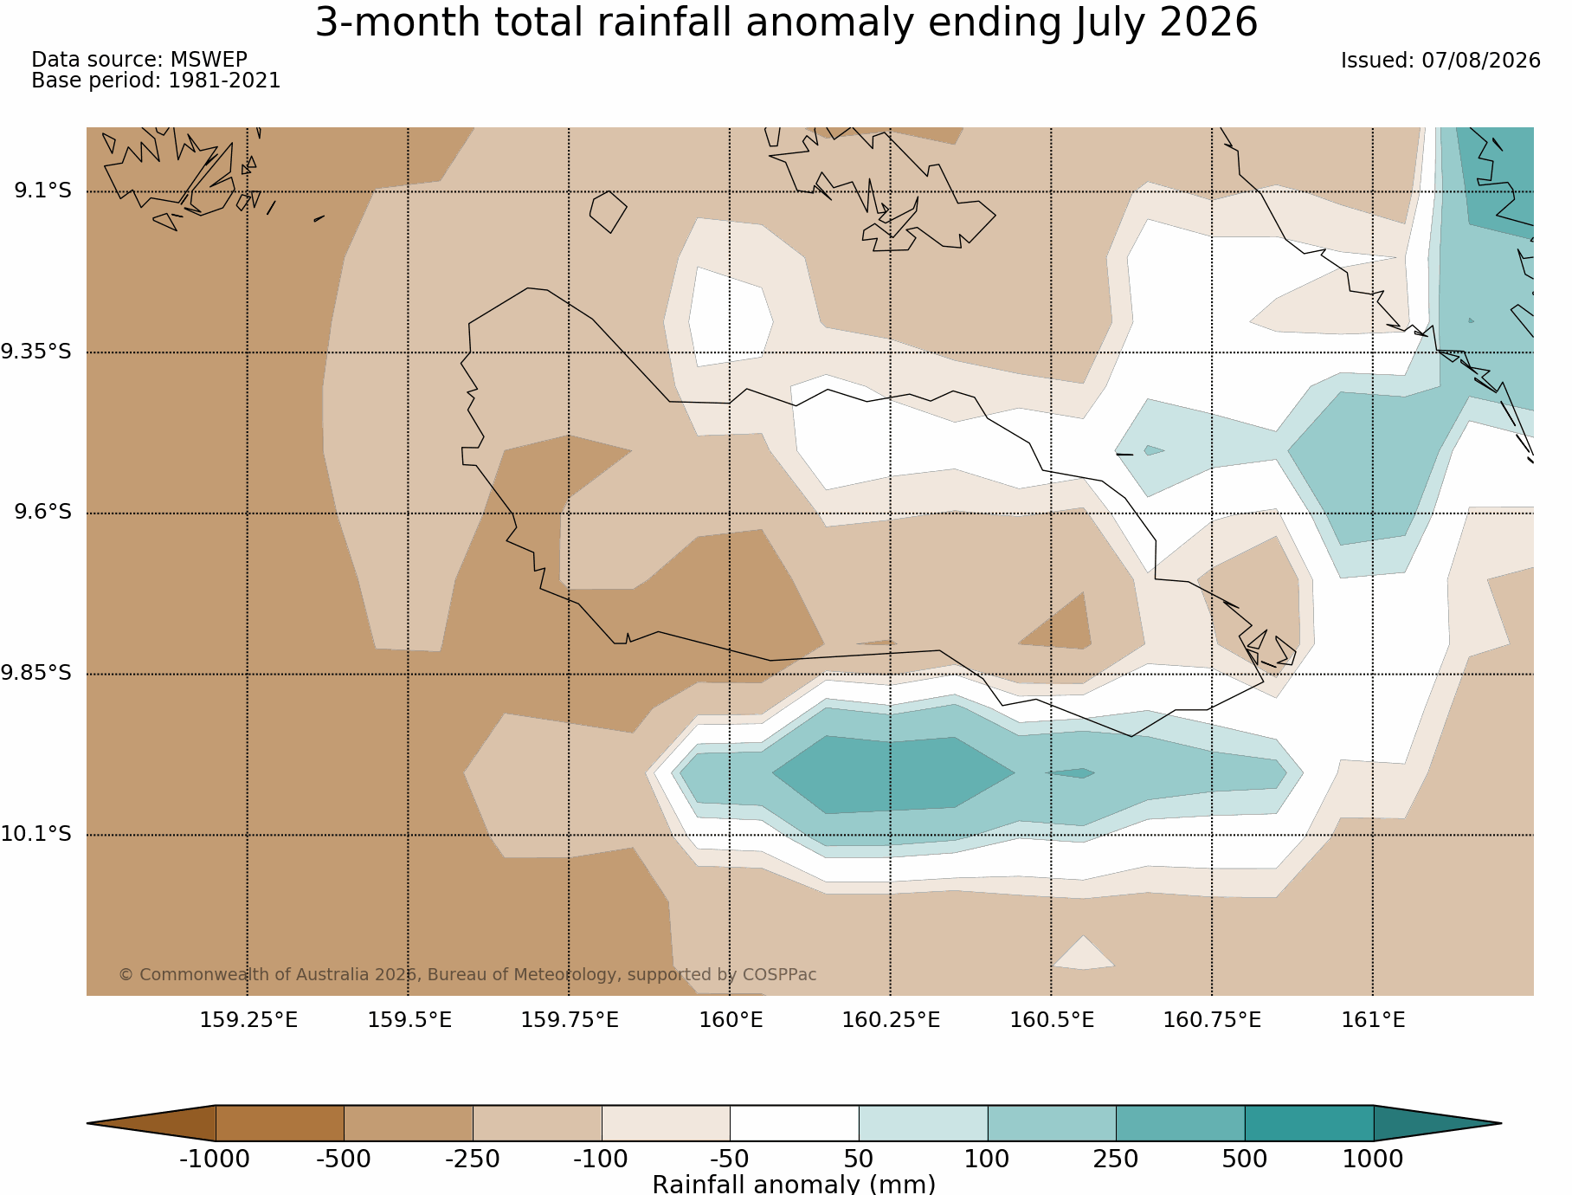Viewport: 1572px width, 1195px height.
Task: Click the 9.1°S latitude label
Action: point(42,191)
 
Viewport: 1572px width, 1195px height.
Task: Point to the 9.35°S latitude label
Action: point(36,352)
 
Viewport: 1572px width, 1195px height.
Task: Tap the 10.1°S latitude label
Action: point(36,834)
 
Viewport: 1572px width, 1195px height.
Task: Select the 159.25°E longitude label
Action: point(248,1020)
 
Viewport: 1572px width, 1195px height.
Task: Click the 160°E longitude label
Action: point(731,1020)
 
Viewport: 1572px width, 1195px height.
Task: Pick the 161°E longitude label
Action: point(1373,1020)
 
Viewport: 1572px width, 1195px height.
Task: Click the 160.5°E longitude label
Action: point(1052,1020)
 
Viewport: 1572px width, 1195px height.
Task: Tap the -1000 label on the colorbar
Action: point(215,1159)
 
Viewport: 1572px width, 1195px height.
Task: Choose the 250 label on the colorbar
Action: point(1116,1159)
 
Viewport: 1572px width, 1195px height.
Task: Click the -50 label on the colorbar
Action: point(730,1159)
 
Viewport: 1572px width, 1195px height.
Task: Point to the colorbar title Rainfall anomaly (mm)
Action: point(794,1184)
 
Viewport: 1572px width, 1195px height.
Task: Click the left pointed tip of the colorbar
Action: point(87,1123)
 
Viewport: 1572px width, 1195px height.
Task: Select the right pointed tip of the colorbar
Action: point(1501,1123)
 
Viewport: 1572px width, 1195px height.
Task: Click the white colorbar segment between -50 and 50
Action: point(795,1123)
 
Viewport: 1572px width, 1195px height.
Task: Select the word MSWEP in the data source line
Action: point(209,60)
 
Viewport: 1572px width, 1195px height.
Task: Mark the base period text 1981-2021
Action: point(224,81)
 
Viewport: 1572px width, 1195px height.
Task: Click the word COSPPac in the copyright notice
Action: point(779,975)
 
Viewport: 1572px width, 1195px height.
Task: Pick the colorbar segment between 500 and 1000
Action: point(1309,1123)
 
